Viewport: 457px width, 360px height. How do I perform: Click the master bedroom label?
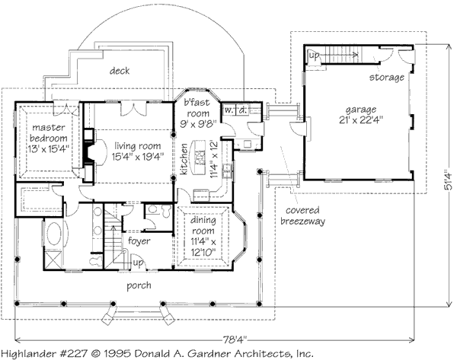coord(48,132)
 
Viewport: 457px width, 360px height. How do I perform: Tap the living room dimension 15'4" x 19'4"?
coord(138,157)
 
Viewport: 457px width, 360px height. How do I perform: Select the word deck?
coord(120,71)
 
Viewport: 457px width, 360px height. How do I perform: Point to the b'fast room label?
coord(197,108)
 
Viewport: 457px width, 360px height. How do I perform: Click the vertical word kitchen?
coord(184,159)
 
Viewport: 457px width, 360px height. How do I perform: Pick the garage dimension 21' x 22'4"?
coord(361,120)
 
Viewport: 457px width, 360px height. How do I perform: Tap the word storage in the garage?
coord(387,77)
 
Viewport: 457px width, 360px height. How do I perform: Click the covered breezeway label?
coord(302,215)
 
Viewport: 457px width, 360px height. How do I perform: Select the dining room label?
coord(203,225)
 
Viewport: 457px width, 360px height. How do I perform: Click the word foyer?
coord(139,241)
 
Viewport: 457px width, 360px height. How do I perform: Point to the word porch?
coord(139,285)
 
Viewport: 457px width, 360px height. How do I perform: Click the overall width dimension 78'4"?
coord(235,339)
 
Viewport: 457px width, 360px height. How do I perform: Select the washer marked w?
coord(228,110)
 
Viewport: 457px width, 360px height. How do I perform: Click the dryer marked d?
coord(242,110)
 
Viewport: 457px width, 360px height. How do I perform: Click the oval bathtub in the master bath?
coord(54,234)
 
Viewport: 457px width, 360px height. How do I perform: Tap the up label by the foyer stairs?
coord(138,263)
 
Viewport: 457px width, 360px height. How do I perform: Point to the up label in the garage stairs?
coord(314,56)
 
